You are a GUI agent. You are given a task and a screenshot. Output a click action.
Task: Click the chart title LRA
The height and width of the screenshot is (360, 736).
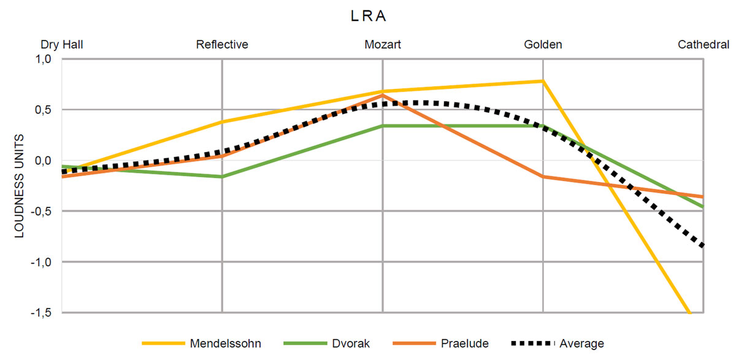368,17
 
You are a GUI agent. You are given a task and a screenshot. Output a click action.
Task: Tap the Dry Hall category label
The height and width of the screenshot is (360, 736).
61,45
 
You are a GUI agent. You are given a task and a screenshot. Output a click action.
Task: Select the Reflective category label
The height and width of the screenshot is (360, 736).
222,45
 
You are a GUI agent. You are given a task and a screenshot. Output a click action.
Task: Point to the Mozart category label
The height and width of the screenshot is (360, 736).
383,45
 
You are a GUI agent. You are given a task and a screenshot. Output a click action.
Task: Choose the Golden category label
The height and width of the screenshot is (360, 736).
543,45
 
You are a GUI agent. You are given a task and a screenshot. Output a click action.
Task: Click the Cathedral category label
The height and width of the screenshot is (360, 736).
703,45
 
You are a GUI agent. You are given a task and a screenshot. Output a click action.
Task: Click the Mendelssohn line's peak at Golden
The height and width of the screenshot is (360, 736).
543,81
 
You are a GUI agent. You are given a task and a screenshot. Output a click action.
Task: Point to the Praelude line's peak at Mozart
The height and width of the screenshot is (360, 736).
383,96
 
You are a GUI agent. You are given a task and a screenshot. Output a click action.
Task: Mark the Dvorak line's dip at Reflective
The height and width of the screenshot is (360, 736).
222,177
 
